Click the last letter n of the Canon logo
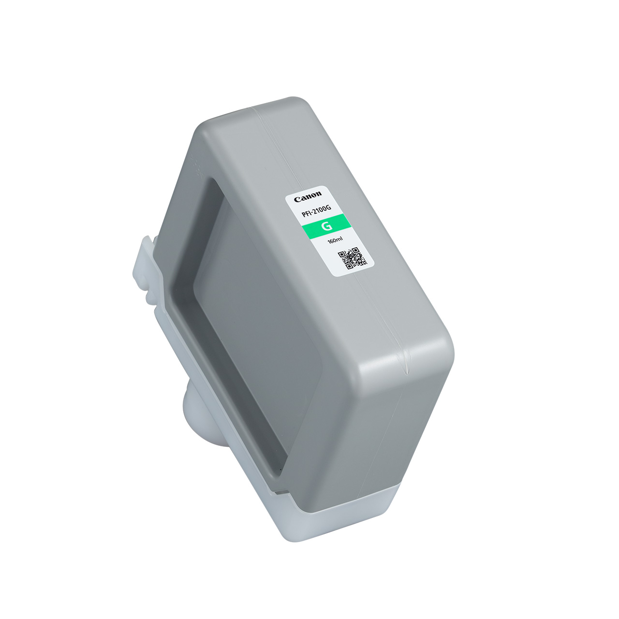(318, 194)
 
